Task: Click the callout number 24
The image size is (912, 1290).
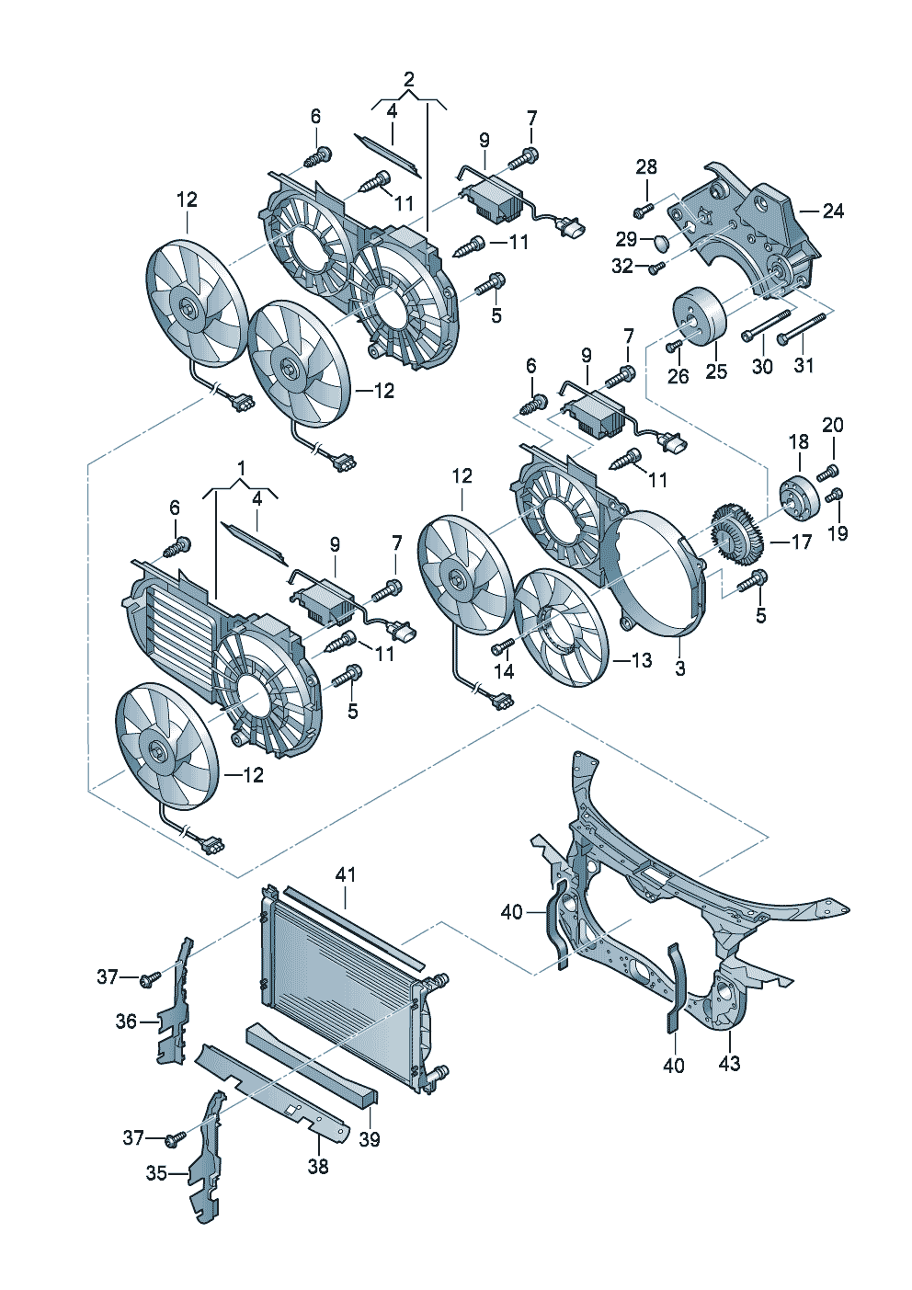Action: [x=833, y=211]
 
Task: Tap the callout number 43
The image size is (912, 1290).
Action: [x=729, y=1064]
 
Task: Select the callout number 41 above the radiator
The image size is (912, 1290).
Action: [x=346, y=874]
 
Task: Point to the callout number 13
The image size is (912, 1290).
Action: [x=641, y=659]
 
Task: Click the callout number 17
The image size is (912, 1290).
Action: [x=802, y=542]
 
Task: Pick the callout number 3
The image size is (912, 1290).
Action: [x=680, y=668]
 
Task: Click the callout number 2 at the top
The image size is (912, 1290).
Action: [x=409, y=79]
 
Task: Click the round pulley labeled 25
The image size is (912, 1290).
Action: [x=700, y=317]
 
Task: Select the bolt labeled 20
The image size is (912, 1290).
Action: [x=826, y=474]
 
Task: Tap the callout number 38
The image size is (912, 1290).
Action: [x=318, y=1166]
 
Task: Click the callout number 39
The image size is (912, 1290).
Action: [x=369, y=1139]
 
